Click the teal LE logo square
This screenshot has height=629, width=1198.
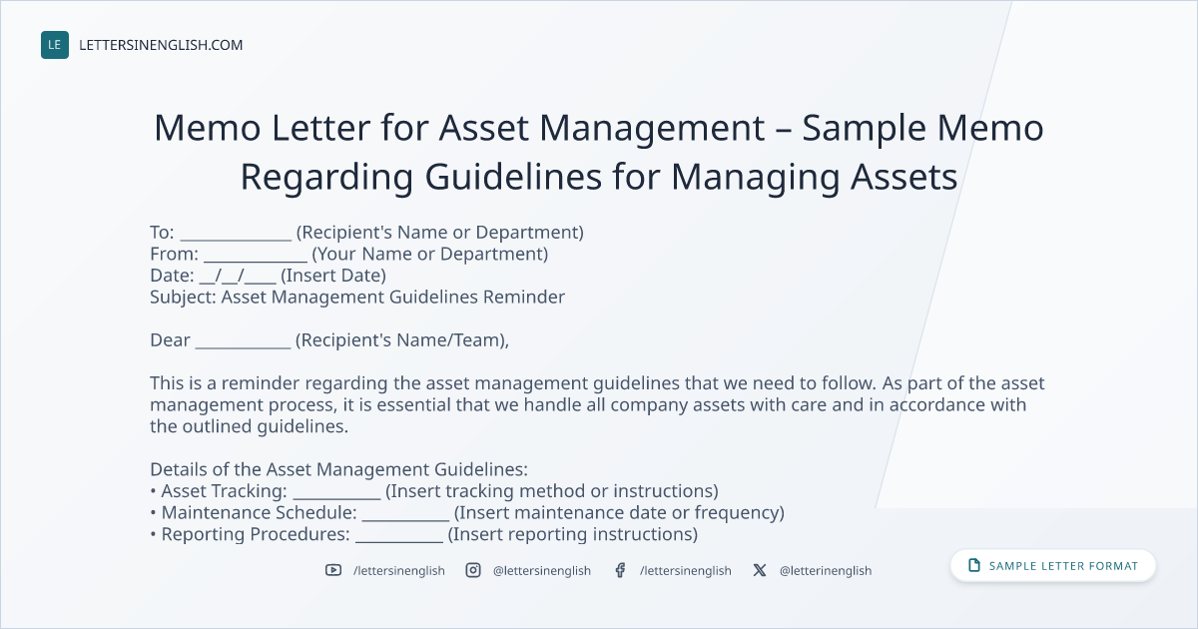55,45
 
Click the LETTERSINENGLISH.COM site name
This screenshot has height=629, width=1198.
161,45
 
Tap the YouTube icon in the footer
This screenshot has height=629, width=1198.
333,570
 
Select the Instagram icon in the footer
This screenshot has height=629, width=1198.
473,570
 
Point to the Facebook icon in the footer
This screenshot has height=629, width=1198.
620,570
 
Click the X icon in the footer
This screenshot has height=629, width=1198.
760,570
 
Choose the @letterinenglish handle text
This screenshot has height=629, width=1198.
826,571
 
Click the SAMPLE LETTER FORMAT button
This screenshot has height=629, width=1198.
1052,566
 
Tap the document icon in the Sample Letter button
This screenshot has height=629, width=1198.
974,565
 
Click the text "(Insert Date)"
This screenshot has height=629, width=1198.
333,276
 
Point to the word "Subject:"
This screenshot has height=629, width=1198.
183,297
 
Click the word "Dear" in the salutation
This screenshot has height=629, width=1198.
170,340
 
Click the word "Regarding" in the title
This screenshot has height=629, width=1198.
326,178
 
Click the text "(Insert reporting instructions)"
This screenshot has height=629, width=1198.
573,534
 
